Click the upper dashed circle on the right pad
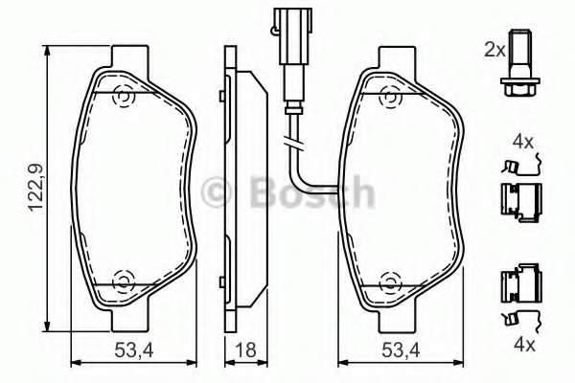(x=390, y=96)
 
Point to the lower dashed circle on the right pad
(x=390, y=281)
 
